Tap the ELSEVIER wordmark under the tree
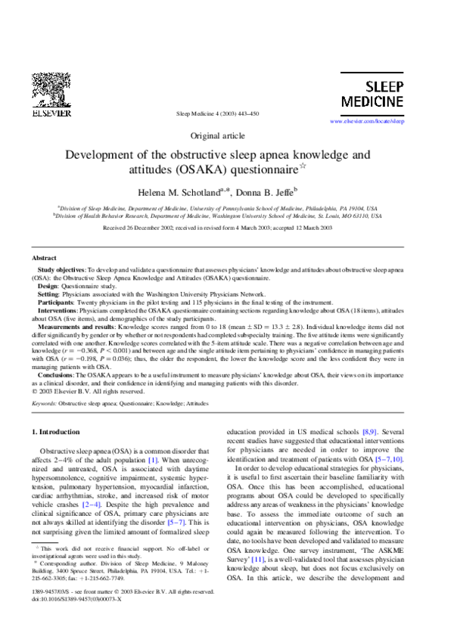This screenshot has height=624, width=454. [51, 113]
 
